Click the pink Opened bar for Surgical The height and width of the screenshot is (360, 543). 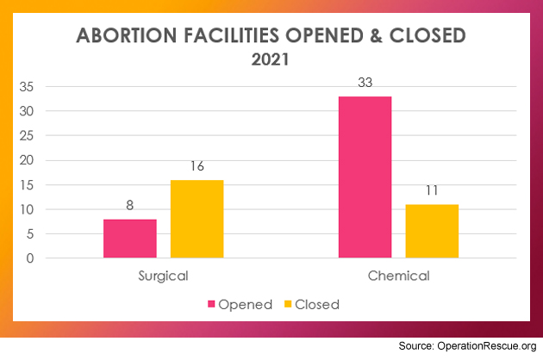click(x=130, y=239)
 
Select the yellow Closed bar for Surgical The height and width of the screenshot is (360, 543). click(x=197, y=219)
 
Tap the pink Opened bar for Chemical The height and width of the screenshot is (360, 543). click(x=365, y=177)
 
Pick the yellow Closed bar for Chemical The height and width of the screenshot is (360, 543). click(x=432, y=231)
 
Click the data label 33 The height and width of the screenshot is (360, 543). click(x=365, y=84)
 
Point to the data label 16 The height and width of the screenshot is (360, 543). click(x=197, y=167)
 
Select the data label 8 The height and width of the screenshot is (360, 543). click(x=130, y=207)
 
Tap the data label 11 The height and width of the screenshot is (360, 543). click(x=432, y=191)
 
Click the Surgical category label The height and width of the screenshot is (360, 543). click(x=163, y=276)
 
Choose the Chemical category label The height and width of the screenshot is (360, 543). click(x=398, y=276)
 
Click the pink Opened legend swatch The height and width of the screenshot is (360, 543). click(x=211, y=304)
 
